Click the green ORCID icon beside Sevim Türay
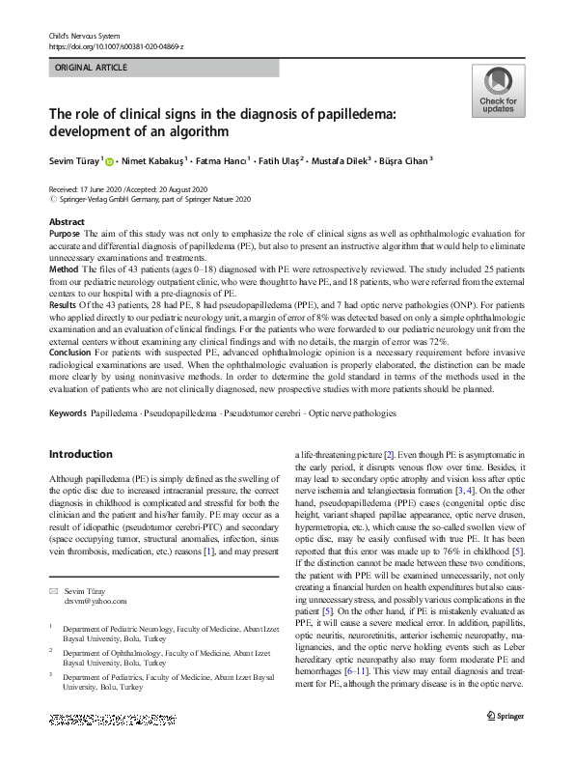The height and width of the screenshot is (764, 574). click(x=109, y=162)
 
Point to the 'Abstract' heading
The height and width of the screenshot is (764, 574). click(x=67, y=222)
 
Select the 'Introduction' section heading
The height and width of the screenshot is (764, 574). click(x=80, y=454)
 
